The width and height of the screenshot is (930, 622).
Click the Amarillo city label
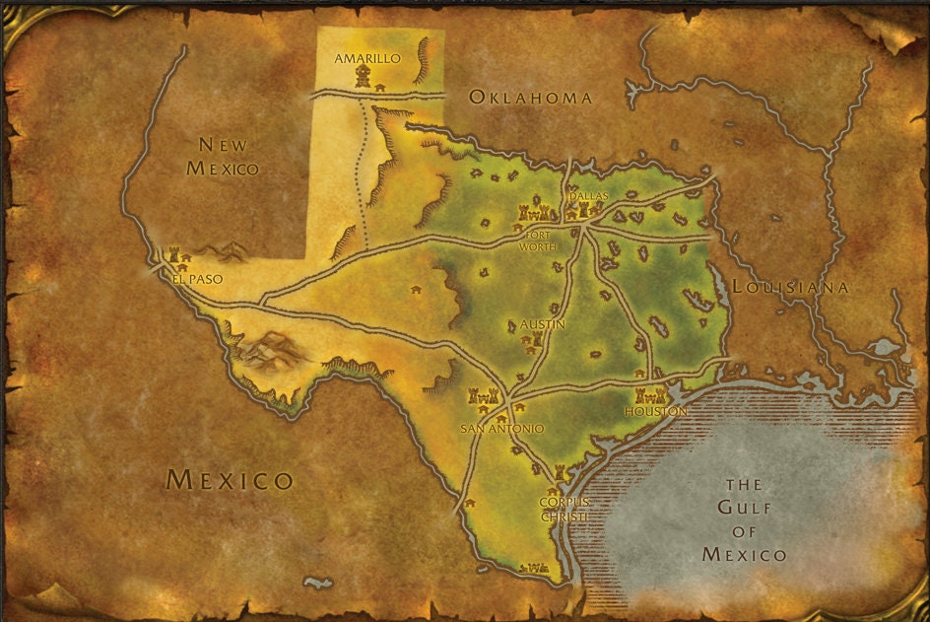pos(367,58)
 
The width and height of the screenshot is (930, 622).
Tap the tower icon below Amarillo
pos(364,77)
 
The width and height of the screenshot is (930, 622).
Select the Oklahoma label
pos(530,97)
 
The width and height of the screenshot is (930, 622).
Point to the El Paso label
pos(197,279)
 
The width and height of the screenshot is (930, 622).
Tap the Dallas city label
pos(589,196)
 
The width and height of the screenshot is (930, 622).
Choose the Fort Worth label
pos(538,242)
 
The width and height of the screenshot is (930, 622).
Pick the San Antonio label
pos(501,429)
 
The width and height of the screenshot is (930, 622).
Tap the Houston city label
pos(655,411)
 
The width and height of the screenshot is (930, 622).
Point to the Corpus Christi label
pos(564,509)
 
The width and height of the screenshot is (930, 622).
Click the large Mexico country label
pos(230,480)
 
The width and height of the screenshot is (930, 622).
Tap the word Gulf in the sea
pos(744,508)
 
